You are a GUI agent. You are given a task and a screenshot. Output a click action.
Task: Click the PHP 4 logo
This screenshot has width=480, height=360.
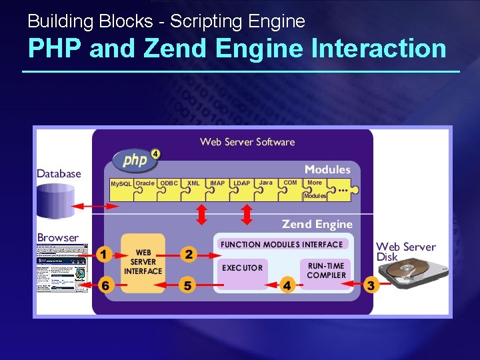(x=136, y=159)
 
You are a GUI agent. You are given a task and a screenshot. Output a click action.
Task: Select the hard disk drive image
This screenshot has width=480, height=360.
(x=407, y=273)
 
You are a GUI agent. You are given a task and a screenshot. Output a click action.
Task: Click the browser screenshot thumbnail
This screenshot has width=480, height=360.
(x=62, y=269)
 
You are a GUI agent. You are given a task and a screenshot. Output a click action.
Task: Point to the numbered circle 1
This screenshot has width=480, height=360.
(x=103, y=254)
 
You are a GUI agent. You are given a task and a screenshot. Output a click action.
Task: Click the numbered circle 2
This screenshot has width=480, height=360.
(x=189, y=254)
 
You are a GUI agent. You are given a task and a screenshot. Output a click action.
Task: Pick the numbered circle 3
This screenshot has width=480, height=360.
(x=372, y=285)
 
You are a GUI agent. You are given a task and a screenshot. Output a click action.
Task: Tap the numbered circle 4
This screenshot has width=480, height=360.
(x=287, y=285)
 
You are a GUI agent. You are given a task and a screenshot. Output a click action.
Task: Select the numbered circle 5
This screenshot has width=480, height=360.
(x=188, y=285)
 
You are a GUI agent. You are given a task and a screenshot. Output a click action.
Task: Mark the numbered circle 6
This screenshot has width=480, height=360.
(x=105, y=285)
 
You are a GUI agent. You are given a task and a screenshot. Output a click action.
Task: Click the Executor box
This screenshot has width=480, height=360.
(x=243, y=269)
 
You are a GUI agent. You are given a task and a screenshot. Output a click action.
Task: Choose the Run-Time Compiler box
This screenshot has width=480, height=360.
(x=327, y=270)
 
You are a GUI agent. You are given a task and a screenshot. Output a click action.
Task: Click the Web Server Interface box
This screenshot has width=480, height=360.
(x=143, y=262)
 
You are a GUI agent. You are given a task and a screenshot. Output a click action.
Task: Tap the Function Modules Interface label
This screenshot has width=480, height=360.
(x=281, y=245)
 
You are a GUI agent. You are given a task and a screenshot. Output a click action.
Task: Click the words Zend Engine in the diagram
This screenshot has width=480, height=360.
(x=317, y=225)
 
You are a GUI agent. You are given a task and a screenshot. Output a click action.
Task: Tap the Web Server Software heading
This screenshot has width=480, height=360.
(x=247, y=141)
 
